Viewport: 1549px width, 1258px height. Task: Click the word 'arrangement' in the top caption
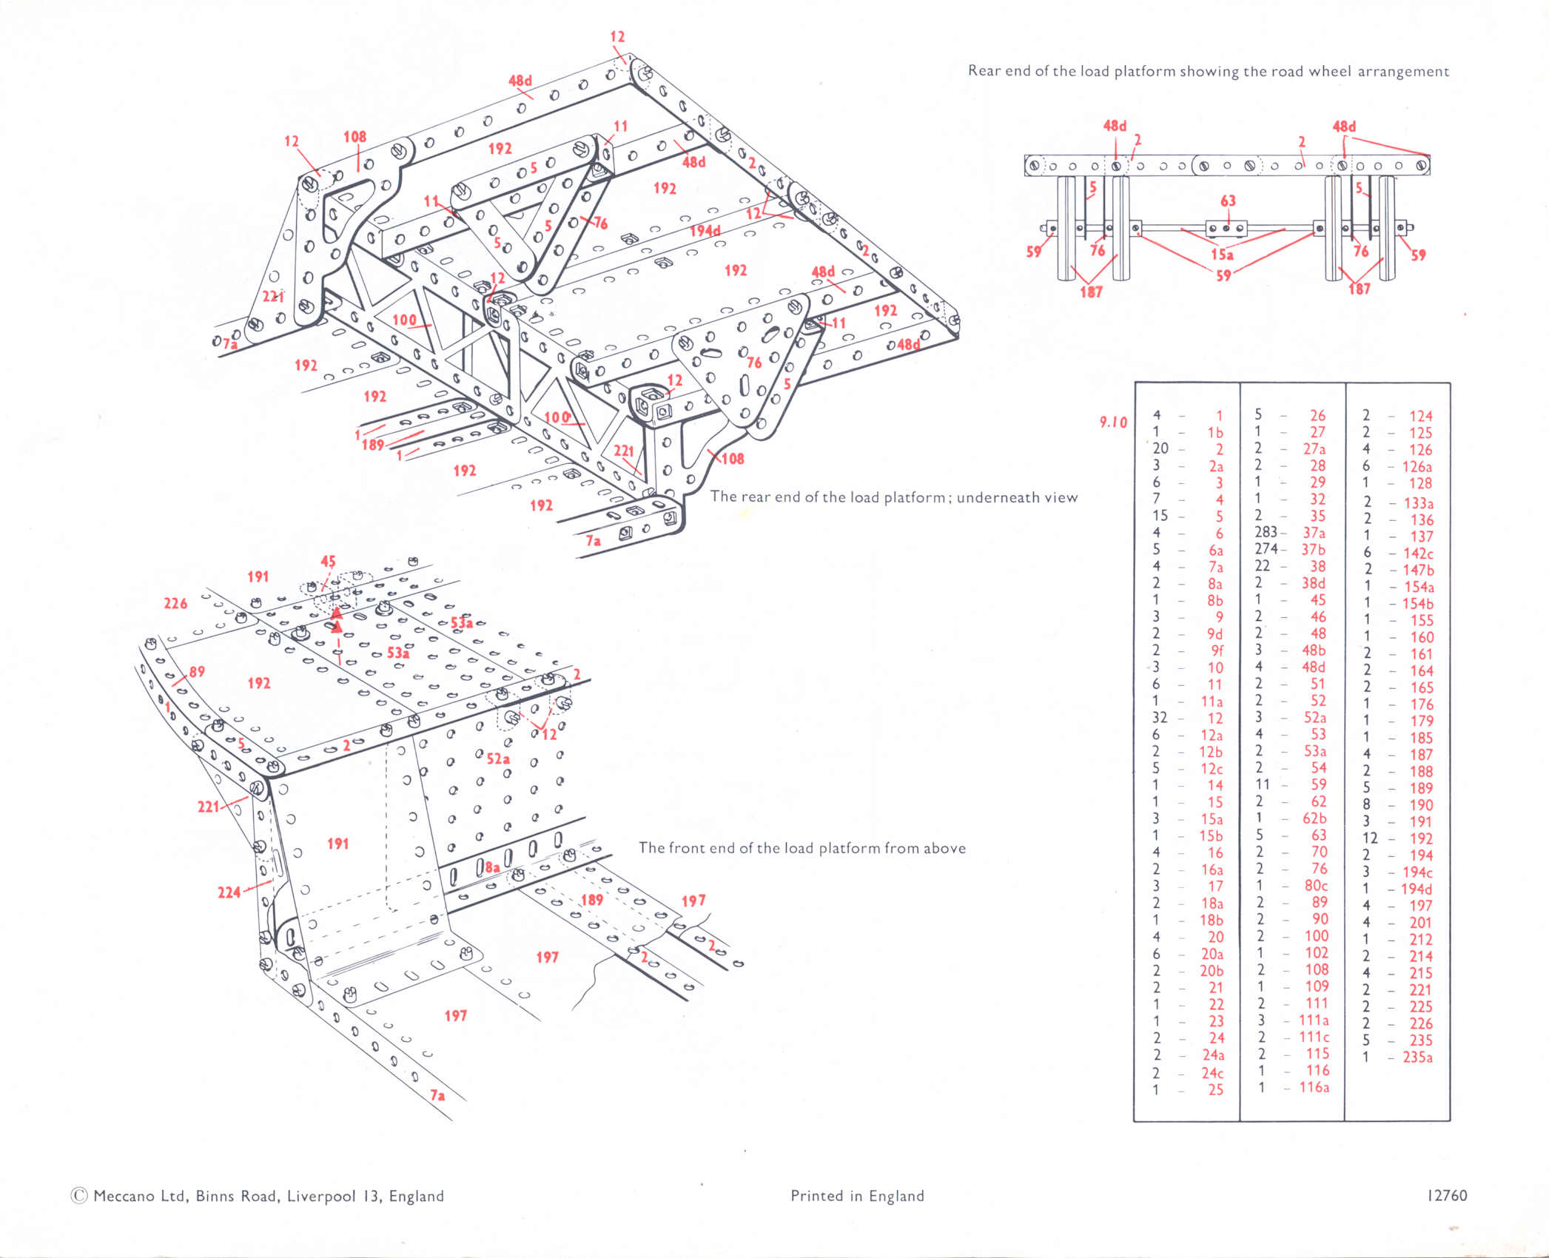[x=1403, y=72]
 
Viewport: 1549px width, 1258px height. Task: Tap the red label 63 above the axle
[x=1228, y=201]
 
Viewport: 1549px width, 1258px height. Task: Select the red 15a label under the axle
[x=1222, y=255]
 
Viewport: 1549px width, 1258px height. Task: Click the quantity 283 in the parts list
[x=1266, y=532]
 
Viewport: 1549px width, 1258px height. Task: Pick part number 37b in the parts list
[x=1314, y=549]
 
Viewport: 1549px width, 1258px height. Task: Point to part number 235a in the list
[x=1417, y=1057]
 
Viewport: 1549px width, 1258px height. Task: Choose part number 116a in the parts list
[x=1314, y=1087]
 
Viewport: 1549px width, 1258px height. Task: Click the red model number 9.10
[x=1113, y=423]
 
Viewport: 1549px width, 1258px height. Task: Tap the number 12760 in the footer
[x=1448, y=1196]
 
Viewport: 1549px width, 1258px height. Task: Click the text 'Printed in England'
[x=857, y=1196]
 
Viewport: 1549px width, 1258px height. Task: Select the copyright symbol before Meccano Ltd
[x=78, y=1197]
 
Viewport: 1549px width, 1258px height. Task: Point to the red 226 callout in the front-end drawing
[x=175, y=604]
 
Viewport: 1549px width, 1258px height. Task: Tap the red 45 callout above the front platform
[x=328, y=562]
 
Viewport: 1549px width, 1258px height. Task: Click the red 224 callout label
[x=229, y=892]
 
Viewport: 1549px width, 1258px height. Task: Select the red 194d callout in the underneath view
[x=705, y=231]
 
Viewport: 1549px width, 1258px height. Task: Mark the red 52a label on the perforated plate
[x=498, y=758]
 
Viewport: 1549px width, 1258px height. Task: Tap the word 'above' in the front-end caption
[x=944, y=848]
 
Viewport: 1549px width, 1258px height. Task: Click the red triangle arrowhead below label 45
[x=337, y=613]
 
